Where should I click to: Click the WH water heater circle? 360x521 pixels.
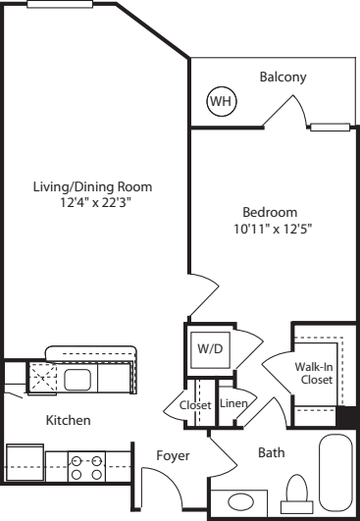[x=222, y=101]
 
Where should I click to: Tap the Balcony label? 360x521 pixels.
[x=283, y=78]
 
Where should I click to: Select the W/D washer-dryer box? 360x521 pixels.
[x=210, y=350]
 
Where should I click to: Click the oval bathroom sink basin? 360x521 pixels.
[x=240, y=501]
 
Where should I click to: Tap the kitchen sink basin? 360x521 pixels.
[x=77, y=380]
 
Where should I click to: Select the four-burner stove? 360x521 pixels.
[x=86, y=466]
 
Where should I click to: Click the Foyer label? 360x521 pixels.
[x=173, y=456]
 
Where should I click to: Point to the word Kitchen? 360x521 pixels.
[x=68, y=420]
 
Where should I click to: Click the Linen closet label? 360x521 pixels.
[x=233, y=403]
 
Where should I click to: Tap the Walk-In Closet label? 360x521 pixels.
[x=314, y=373]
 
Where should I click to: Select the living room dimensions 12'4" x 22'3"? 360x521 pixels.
[x=93, y=202]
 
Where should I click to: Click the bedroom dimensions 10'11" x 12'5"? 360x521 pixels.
[x=274, y=230]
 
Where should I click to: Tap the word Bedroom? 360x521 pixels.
[x=270, y=213]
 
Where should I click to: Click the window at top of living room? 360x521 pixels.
[x=60, y=4]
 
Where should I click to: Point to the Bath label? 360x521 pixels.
[x=272, y=452]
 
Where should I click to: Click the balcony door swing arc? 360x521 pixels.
[x=301, y=109]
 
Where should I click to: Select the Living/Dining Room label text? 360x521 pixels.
[x=92, y=187]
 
